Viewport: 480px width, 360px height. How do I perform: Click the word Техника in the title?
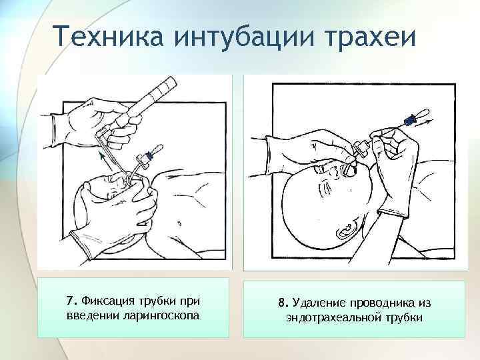(109, 35)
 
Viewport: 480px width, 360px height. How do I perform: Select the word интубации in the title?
(244, 36)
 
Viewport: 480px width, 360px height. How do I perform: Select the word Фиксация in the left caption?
(108, 301)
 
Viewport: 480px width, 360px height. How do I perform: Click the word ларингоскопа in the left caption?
(161, 315)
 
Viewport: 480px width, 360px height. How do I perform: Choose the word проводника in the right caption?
(381, 303)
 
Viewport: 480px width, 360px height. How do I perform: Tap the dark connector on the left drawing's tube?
(149, 155)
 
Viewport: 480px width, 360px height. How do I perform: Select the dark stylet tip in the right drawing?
(409, 120)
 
